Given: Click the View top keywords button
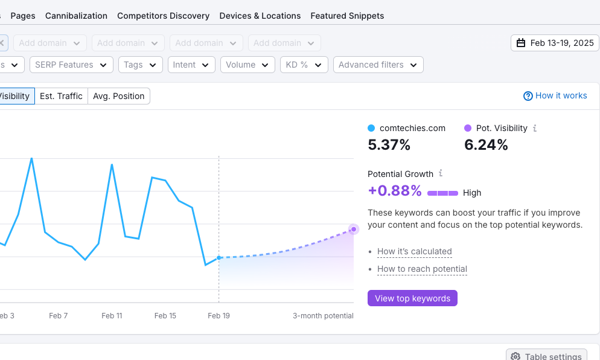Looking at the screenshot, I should click(412, 298).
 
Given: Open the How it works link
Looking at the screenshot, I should click(555, 95).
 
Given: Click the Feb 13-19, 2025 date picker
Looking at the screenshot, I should click(555, 43).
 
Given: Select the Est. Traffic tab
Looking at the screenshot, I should click(61, 96).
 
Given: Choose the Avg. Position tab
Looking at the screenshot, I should click(118, 96).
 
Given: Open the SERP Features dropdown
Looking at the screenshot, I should click(71, 65).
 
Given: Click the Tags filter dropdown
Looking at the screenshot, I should click(140, 65).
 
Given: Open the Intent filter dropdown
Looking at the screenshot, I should click(191, 65).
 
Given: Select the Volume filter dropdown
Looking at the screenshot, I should click(247, 65).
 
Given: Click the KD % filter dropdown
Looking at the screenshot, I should click(304, 65).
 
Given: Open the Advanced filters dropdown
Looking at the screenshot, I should click(378, 65).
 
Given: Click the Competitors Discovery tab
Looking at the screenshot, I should click(163, 16).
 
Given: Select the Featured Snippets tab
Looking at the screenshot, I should click(347, 16).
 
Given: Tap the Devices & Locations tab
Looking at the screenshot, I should click(260, 16).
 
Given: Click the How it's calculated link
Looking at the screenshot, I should click(414, 251).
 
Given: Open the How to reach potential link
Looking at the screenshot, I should click(422, 269).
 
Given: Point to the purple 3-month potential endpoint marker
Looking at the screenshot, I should click(354, 229).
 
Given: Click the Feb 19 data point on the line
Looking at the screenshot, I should click(219, 258).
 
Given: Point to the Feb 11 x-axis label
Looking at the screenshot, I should click(112, 316).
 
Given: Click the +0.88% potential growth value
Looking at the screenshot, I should click(395, 191).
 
